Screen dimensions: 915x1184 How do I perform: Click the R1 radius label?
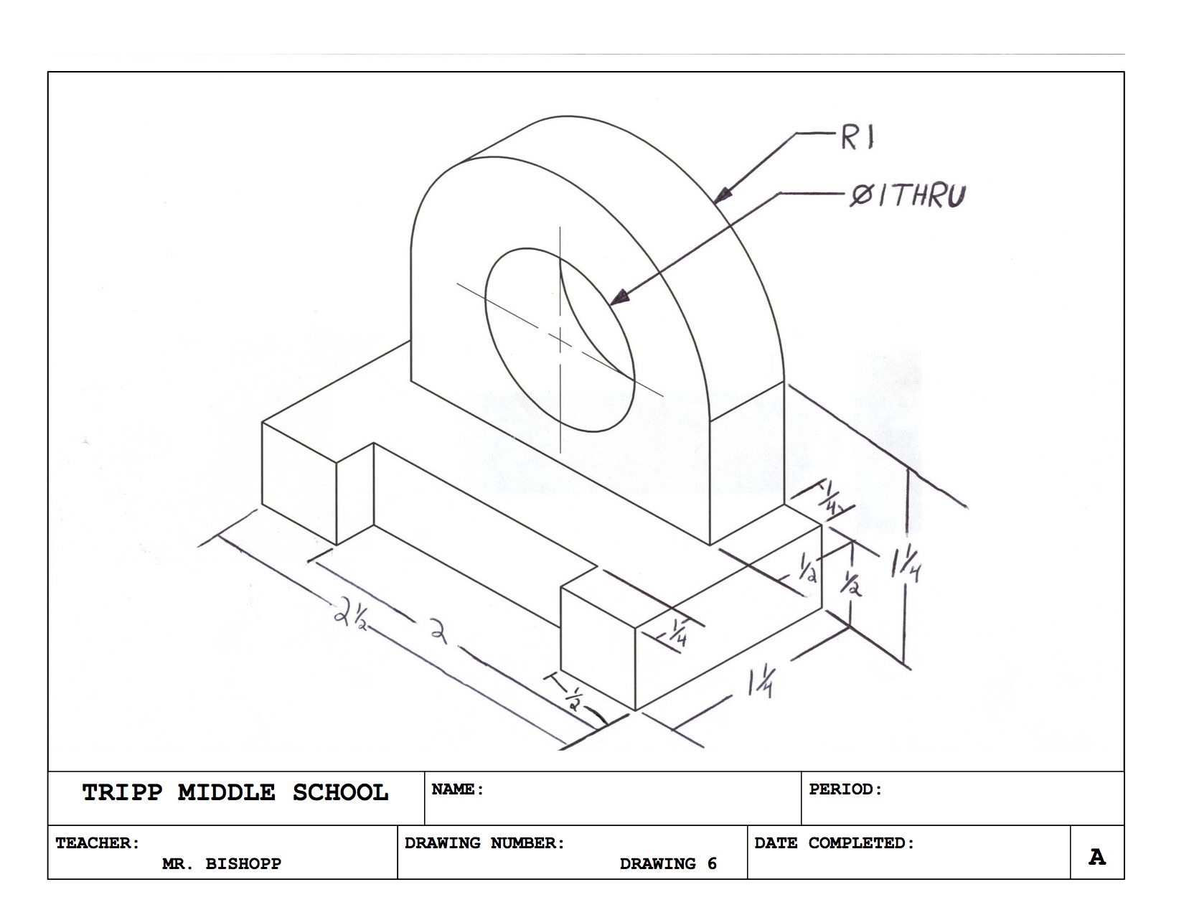point(858,137)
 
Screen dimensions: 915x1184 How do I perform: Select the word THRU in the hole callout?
point(927,195)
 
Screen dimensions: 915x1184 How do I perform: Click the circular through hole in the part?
point(560,341)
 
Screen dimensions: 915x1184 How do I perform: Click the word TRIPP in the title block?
point(122,793)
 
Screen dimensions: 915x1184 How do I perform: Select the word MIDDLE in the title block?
point(227,793)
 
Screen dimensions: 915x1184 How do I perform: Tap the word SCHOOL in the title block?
point(340,793)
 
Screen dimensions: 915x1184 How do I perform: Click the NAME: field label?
point(458,789)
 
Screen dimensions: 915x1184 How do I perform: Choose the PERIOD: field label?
point(845,789)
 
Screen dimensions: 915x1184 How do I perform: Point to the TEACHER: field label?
point(98,843)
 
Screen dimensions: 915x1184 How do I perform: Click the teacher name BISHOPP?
point(243,864)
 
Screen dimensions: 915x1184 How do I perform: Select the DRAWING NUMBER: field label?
point(485,843)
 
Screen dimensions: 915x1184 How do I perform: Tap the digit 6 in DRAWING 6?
point(712,864)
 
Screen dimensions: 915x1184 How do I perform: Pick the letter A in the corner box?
point(1096,857)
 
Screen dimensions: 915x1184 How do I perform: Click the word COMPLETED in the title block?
point(862,843)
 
